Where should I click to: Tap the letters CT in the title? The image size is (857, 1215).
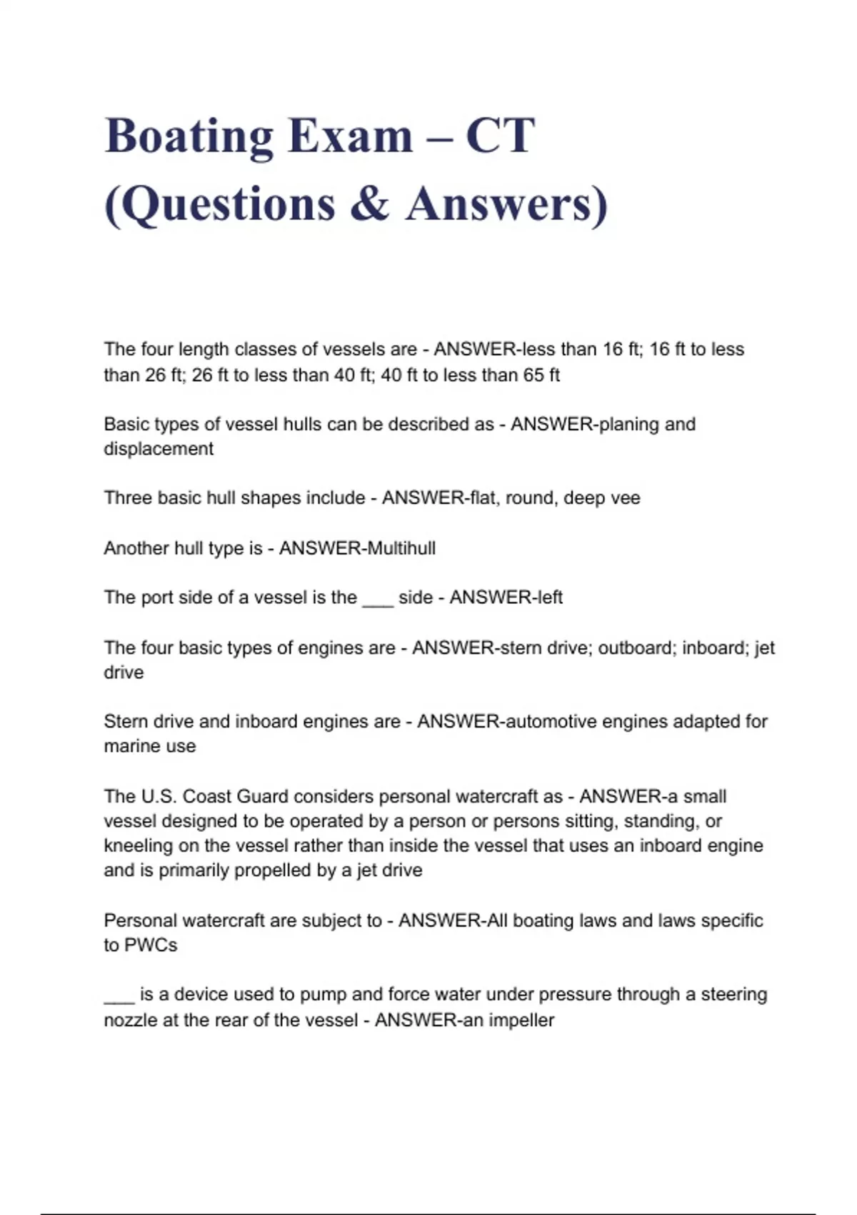click(500, 136)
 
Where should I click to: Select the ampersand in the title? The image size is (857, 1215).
click(370, 204)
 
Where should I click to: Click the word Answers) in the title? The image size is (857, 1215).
click(507, 204)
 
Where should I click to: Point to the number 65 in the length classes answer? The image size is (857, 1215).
click(533, 375)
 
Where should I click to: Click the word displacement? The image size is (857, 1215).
click(159, 449)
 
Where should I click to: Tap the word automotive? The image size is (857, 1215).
click(551, 722)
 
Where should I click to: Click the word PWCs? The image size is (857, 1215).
click(151, 946)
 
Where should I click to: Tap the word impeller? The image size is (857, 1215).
click(522, 1021)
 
